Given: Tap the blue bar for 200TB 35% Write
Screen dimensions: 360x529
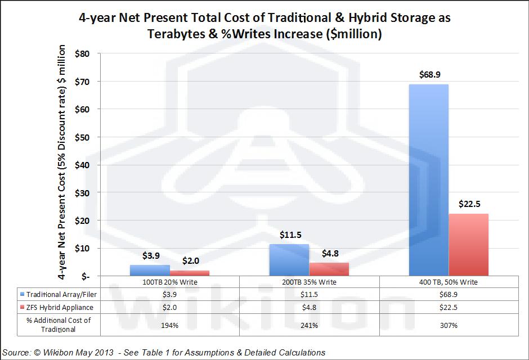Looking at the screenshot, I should tap(289, 260).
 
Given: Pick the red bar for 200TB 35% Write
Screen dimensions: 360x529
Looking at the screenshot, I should tap(329, 269).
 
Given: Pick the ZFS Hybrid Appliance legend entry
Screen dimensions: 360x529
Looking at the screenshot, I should tap(52, 307).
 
